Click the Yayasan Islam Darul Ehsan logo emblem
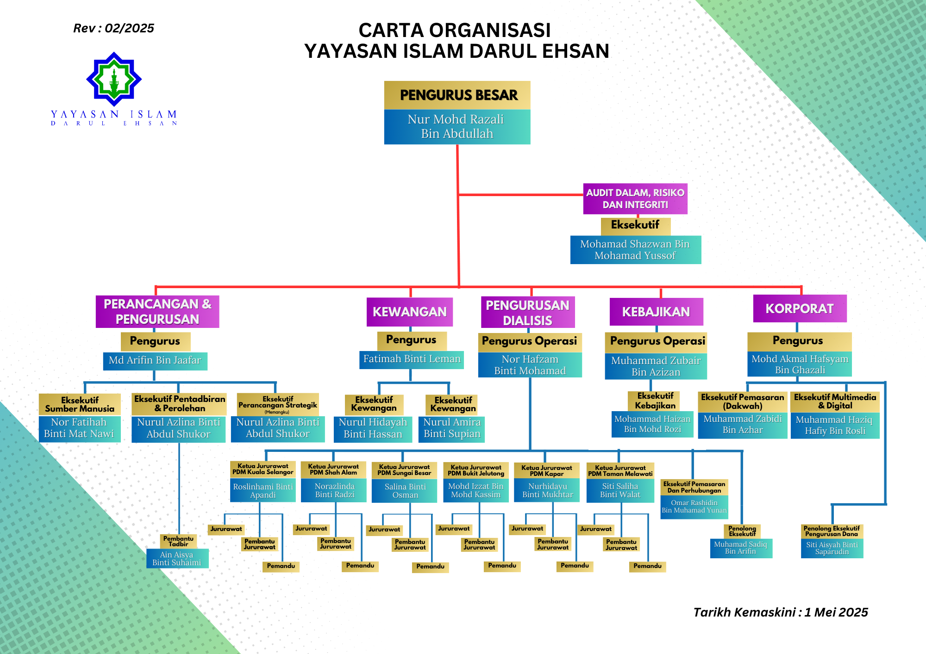pyautogui.click(x=114, y=79)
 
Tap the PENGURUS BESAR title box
pyautogui.click(x=457, y=95)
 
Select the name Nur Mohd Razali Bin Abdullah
pyautogui.click(x=457, y=127)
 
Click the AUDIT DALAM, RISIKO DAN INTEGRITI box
pyautogui.click(x=635, y=199)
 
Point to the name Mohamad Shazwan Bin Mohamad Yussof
pyautogui.click(x=635, y=250)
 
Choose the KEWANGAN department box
pyautogui.click(x=409, y=312)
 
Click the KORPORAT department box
pyautogui.click(x=800, y=309)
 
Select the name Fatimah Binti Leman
pyautogui.click(x=412, y=359)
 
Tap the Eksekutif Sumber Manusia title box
pyautogui.click(x=80, y=405)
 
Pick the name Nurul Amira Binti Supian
pyautogui.click(x=452, y=428)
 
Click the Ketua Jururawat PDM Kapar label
pyautogui.click(x=547, y=471)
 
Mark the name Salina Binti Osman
pyautogui.click(x=405, y=491)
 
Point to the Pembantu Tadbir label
pyautogui.click(x=178, y=541)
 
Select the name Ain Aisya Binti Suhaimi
pyautogui.click(x=177, y=559)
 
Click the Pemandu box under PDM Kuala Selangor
pyautogui.click(x=281, y=566)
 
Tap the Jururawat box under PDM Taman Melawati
pyautogui.click(x=596, y=529)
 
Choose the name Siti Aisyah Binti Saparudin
pyautogui.click(x=832, y=549)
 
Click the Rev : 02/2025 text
pyautogui.click(x=113, y=28)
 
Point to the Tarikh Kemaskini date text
pyautogui.click(x=780, y=612)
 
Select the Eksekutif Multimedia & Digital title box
pyautogui.click(x=835, y=401)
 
